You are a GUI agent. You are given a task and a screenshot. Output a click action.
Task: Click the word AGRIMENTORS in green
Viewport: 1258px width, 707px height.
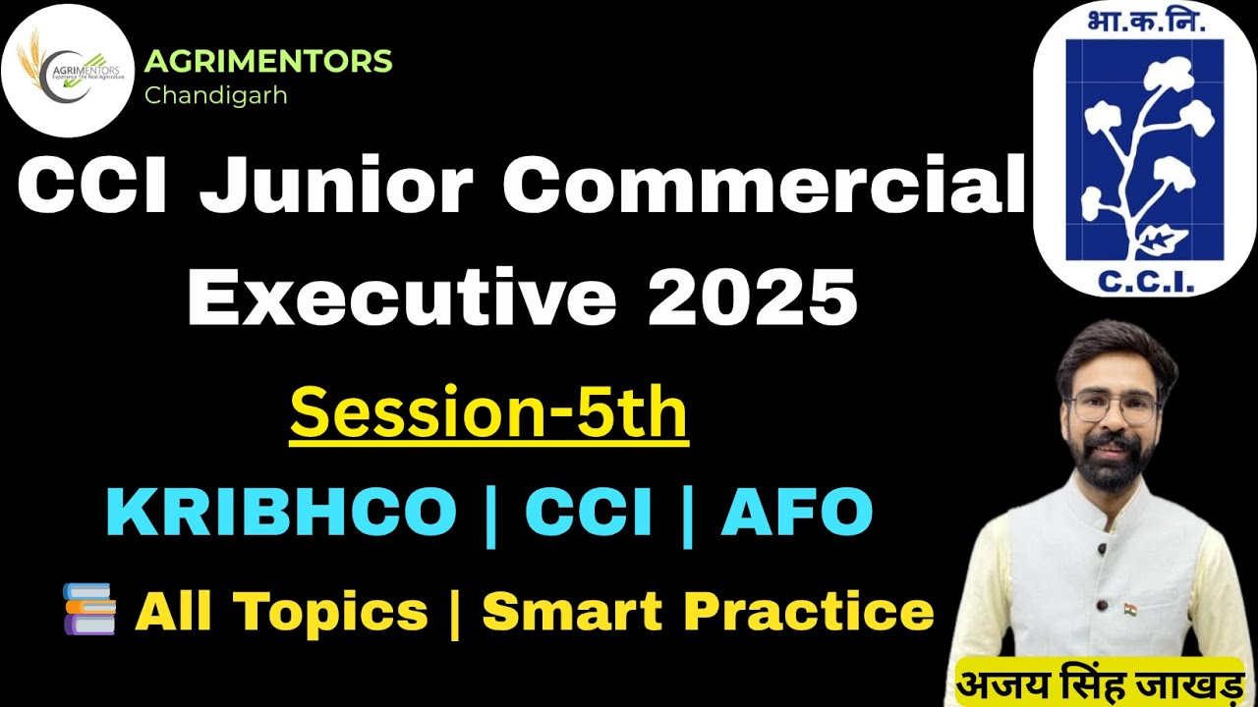click(x=268, y=62)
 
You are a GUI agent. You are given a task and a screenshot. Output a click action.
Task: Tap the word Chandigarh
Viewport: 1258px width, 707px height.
click(x=215, y=96)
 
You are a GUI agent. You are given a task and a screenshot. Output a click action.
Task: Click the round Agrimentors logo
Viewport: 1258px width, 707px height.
click(x=68, y=70)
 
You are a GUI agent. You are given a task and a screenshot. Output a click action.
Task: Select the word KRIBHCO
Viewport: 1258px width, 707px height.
click(x=282, y=512)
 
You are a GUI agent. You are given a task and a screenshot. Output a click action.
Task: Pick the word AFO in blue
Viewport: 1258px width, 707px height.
click(x=796, y=512)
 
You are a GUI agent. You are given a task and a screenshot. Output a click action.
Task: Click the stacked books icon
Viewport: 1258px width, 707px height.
click(x=89, y=609)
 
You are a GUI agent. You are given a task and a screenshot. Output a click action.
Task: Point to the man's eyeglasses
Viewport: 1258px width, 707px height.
click(x=1113, y=407)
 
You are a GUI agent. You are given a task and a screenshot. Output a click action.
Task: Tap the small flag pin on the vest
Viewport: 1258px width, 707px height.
click(x=1130, y=609)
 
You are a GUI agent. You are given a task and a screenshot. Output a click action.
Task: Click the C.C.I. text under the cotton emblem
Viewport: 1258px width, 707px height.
click(x=1144, y=282)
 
